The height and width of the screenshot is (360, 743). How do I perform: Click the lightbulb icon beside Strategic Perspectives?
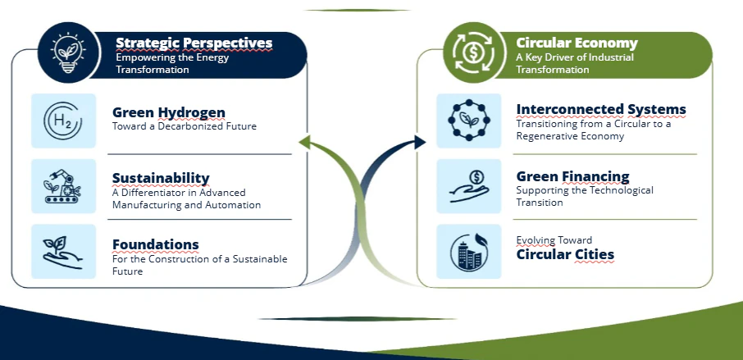click(x=68, y=52)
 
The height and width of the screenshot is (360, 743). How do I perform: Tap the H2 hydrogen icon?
click(x=63, y=121)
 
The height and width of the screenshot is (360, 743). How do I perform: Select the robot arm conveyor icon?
click(x=63, y=186)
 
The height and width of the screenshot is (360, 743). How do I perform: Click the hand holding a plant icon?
click(x=63, y=252)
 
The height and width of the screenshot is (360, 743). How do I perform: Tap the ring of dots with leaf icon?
click(x=468, y=121)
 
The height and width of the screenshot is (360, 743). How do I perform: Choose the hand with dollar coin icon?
click(x=468, y=186)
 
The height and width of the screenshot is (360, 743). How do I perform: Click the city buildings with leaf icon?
click(x=468, y=252)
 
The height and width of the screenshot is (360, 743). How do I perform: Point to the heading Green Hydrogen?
click(x=169, y=112)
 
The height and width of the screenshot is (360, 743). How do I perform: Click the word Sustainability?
click(x=161, y=178)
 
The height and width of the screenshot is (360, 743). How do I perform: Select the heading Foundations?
click(x=156, y=244)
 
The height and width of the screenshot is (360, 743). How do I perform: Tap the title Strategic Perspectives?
click(x=194, y=43)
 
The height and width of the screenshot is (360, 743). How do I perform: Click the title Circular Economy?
click(x=577, y=43)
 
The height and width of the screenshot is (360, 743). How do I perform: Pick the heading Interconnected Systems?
click(x=601, y=109)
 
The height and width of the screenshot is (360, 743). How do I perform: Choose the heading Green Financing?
click(x=572, y=176)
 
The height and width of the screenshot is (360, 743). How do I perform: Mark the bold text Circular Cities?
click(x=565, y=254)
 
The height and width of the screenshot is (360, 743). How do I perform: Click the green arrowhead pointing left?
click(x=304, y=142)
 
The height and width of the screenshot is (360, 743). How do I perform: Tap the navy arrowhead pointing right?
click(x=420, y=142)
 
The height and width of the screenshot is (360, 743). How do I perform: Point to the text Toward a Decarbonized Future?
click(x=185, y=126)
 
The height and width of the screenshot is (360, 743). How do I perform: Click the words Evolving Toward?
click(x=554, y=240)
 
